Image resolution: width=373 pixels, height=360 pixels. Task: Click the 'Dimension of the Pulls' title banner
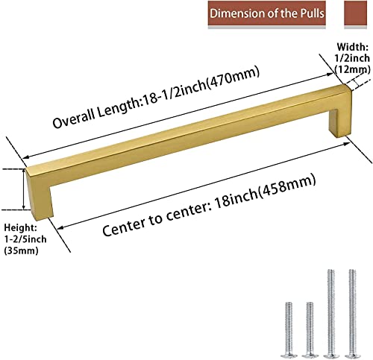pyautogui.click(x=267, y=13)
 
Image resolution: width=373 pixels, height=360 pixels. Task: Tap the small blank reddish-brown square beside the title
pyautogui.click(x=356, y=13)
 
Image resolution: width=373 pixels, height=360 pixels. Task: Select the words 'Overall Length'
pyautogui.click(x=96, y=113)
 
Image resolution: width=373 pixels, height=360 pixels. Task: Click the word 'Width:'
pyautogui.click(x=352, y=47)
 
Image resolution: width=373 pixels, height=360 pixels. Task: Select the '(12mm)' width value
pyautogui.click(x=351, y=69)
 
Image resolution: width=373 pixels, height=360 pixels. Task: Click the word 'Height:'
pyautogui.click(x=21, y=227)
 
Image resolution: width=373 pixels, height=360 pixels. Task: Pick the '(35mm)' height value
pyautogui.click(x=22, y=250)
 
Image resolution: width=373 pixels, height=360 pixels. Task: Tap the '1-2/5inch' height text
pyautogui.click(x=25, y=239)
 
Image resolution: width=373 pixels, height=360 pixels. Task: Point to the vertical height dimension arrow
pyautogui.click(x=24, y=189)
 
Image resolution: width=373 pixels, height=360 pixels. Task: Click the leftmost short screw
pyautogui.click(x=289, y=330)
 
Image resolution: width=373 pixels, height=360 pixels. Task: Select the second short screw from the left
pyautogui.click(x=310, y=330)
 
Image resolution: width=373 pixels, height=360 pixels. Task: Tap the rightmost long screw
pyautogui.click(x=352, y=314)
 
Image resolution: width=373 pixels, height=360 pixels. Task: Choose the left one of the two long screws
pyautogui.click(x=331, y=314)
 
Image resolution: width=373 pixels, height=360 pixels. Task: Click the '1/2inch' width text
pyautogui.click(x=352, y=58)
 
